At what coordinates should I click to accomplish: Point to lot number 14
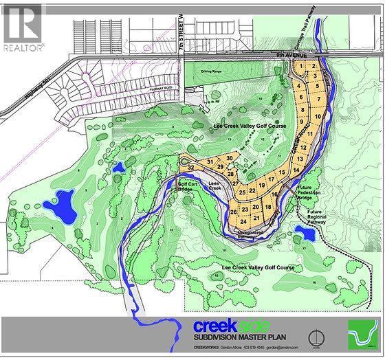[x=296, y=168]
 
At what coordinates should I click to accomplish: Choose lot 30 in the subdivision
[x=229, y=158]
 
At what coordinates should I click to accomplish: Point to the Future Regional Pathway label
[x=317, y=216]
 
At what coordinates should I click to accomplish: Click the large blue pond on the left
[x=60, y=206]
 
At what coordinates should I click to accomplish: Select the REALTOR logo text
[x=23, y=47]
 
